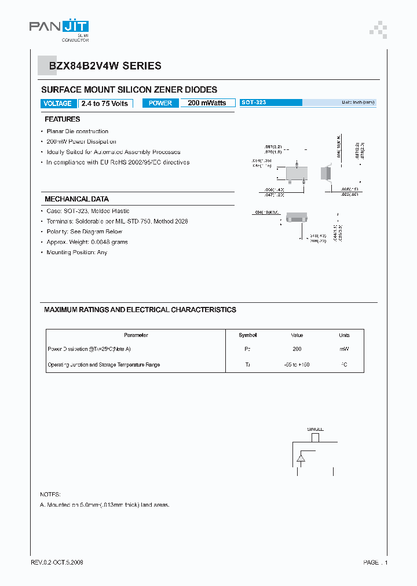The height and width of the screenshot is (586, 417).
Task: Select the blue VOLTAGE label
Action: point(57,104)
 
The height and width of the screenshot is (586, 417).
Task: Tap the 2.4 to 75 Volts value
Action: point(105,104)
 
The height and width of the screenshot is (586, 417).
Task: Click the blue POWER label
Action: point(160,103)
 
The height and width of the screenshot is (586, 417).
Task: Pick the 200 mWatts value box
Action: point(207,103)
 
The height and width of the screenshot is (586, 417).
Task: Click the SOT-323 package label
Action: point(254,102)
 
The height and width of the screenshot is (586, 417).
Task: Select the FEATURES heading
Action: point(62,119)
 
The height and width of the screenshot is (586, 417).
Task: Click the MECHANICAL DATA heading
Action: point(76,199)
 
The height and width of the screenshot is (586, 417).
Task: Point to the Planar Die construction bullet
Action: point(77,131)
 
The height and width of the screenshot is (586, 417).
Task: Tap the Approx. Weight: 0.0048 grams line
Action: point(87,242)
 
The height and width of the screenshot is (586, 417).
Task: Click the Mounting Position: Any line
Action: point(76,252)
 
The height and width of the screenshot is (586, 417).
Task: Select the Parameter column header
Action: point(136,335)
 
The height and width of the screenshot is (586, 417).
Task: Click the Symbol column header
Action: point(248,335)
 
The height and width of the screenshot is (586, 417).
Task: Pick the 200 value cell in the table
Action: point(297,349)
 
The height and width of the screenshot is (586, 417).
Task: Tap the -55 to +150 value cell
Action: point(297,365)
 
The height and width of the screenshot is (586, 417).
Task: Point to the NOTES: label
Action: point(50,495)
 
